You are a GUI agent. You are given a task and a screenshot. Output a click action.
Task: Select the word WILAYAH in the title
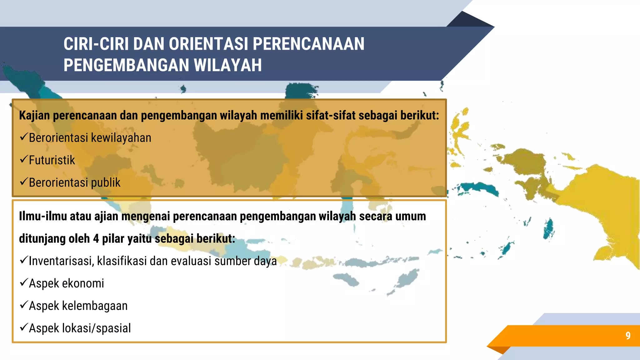(227, 65)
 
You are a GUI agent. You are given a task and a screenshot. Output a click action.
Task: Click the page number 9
(628, 335)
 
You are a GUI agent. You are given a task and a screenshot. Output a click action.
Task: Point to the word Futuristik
(52, 160)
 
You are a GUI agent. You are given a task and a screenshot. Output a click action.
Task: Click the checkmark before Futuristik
(24, 159)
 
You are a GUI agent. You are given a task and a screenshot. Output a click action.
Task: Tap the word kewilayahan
(121, 138)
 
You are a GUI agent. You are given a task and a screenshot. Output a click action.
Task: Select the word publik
(106, 182)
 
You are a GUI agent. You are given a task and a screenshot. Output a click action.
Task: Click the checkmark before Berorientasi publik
(24, 182)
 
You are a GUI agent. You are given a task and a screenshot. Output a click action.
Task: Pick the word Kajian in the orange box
(34, 115)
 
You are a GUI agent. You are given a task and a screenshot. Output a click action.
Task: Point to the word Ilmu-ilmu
(43, 216)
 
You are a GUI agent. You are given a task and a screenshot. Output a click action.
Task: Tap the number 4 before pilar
(96, 238)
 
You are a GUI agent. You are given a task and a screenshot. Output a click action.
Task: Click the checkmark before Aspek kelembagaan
(24, 305)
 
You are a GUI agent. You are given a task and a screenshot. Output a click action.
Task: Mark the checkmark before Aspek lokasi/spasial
(24, 327)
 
